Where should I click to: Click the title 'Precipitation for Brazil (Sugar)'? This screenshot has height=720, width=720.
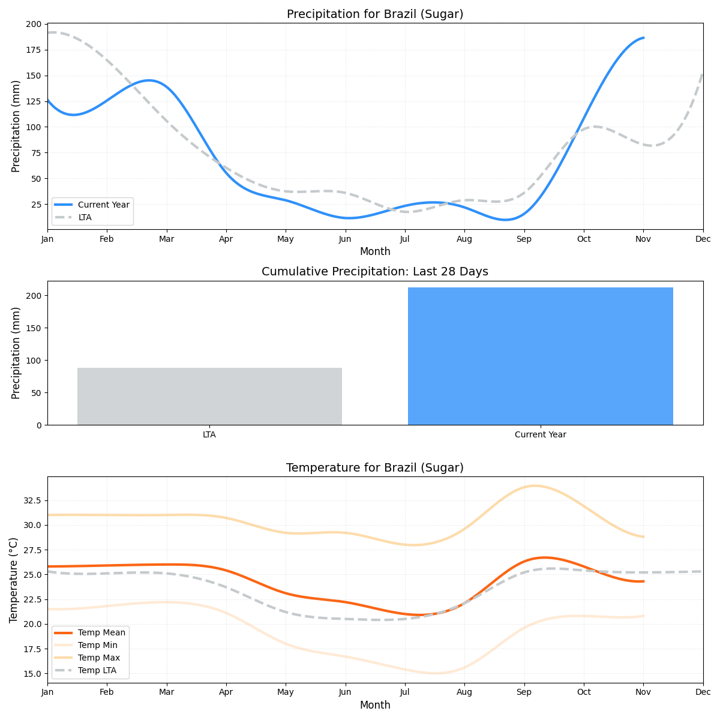(375, 14)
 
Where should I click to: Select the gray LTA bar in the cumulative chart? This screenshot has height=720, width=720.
(209, 396)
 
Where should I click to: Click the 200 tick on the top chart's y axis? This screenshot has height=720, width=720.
(34, 24)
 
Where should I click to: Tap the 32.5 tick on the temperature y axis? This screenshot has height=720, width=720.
(31, 500)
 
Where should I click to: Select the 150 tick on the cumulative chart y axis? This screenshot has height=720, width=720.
(34, 328)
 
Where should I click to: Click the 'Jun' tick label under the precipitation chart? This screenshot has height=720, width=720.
(345, 239)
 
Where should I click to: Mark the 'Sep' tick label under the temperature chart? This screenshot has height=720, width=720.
(524, 692)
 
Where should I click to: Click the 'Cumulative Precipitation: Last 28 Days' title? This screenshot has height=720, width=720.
(375, 272)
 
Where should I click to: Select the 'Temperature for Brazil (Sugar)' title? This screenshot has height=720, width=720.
(375, 468)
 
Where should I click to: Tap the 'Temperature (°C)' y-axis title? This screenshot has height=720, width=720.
(14, 580)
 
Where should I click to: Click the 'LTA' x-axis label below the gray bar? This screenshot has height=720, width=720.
(209, 434)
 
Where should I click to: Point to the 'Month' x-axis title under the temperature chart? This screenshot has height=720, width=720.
(375, 705)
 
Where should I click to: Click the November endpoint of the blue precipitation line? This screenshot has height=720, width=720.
(643, 38)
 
